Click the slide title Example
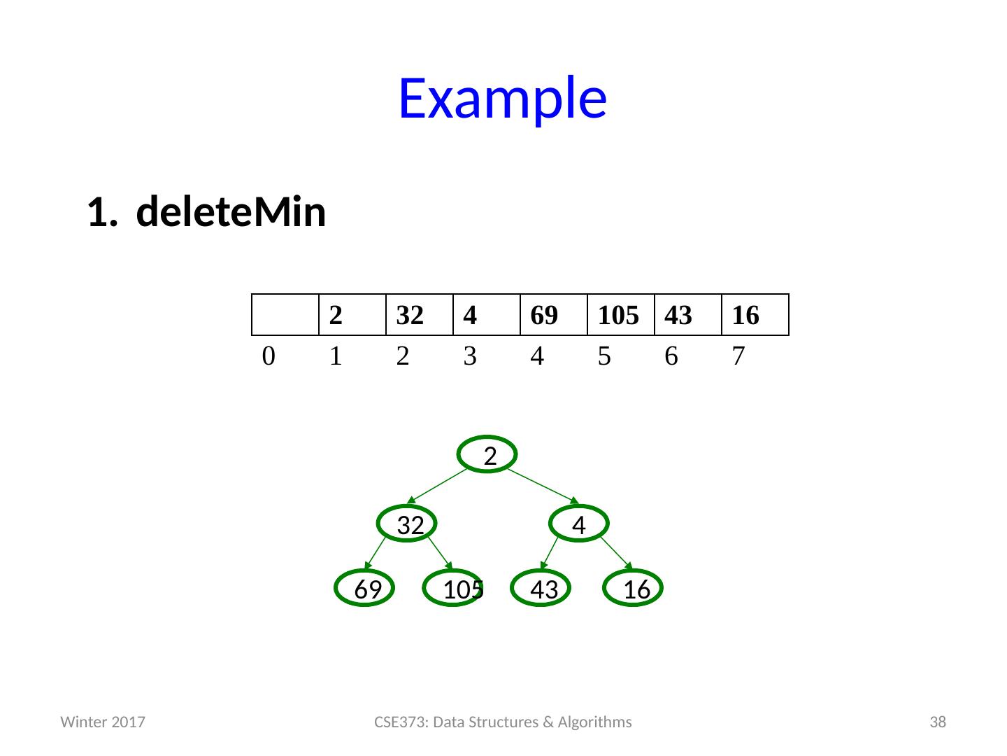click(x=502, y=98)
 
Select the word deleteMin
click(x=231, y=213)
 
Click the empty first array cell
click(x=285, y=316)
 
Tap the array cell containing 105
click(x=620, y=316)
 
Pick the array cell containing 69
click(x=554, y=316)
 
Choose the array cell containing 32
click(x=420, y=316)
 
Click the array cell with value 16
click(x=755, y=316)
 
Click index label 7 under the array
click(x=738, y=357)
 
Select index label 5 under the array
click(x=604, y=357)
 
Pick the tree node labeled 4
click(x=578, y=524)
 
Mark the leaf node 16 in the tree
click(x=634, y=589)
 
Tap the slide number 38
click(x=937, y=722)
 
